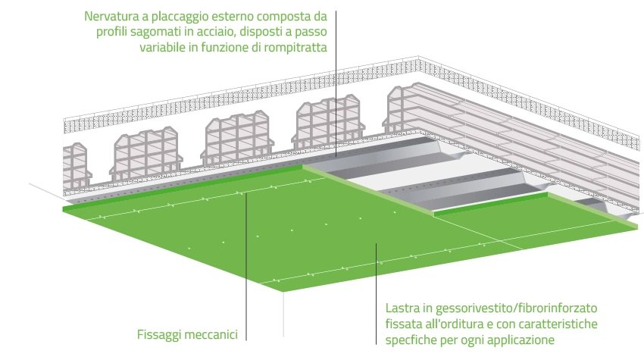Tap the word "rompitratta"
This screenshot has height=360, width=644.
click(x=295, y=48)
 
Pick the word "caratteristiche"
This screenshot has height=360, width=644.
click(x=558, y=324)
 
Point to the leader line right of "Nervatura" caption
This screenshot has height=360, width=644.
click(x=336, y=84)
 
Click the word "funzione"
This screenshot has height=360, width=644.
click(x=226, y=48)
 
